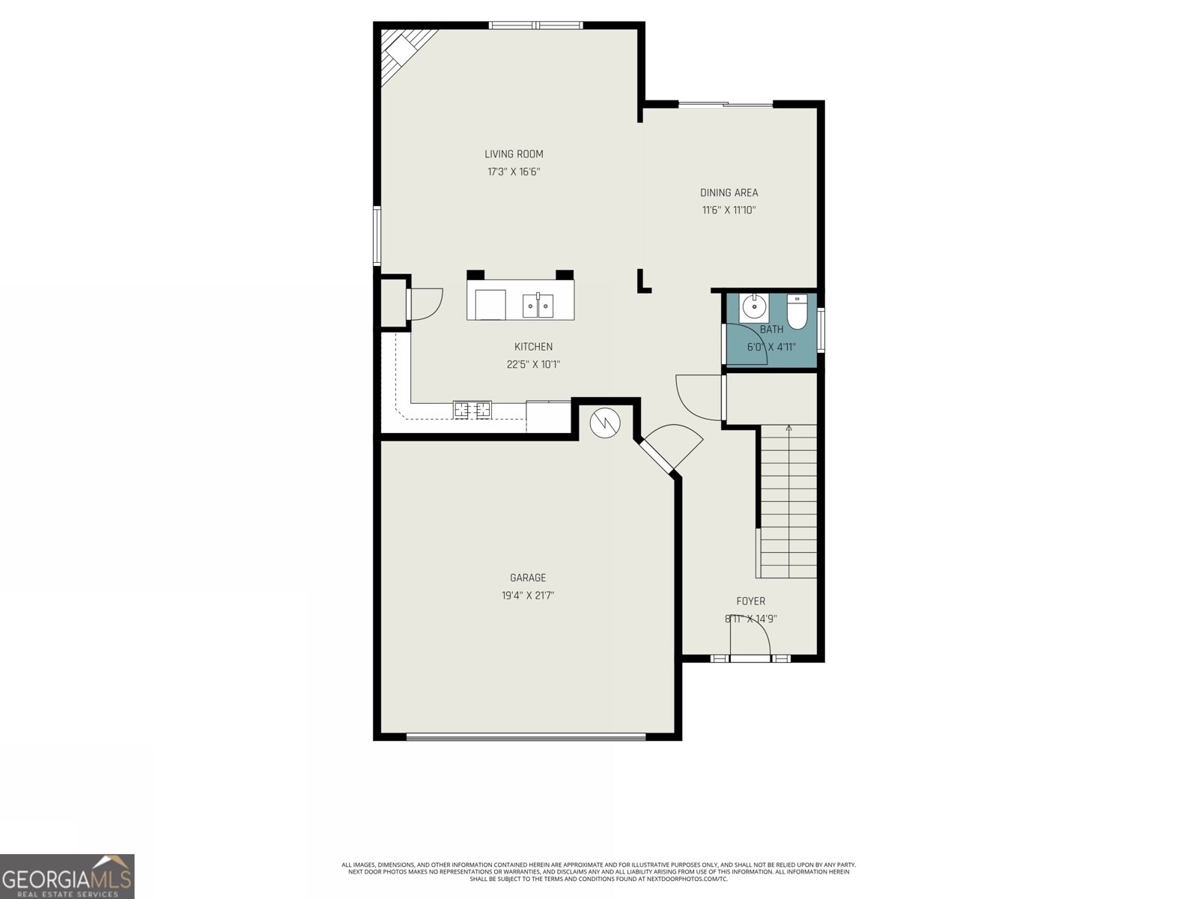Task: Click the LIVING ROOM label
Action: pyautogui.click(x=514, y=154)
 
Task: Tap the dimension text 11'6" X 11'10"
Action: pyautogui.click(x=729, y=211)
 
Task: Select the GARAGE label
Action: pyautogui.click(x=528, y=578)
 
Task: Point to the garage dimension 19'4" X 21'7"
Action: pyautogui.click(x=528, y=596)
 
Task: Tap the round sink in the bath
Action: pyautogui.click(x=753, y=306)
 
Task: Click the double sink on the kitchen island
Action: pyautogui.click(x=538, y=305)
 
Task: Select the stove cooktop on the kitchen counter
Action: pyautogui.click(x=472, y=410)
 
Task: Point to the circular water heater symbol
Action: pyautogui.click(x=605, y=423)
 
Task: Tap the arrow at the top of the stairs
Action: pyautogui.click(x=788, y=429)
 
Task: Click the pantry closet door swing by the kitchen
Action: pyautogui.click(x=426, y=304)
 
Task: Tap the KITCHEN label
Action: pyautogui.click(x=533, y=347)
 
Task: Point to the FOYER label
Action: pyautogui.click(x=750, y=601)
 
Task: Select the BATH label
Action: pyautogui.click(x=771, y=330)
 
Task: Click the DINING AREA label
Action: pyautogui.click(x=729, y=193)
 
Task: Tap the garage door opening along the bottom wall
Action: pyautogui.click(x=526, y=737)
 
